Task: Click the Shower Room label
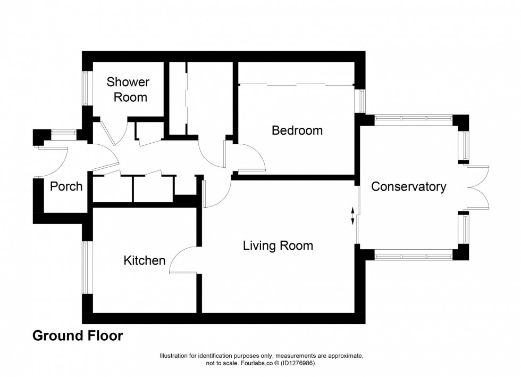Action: [x=128, y=89]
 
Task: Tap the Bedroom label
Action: [x=297, y=130]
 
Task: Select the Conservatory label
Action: [x=408, y=187]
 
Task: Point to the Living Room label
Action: [x=278, y=245]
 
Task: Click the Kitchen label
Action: [x=144, y=260]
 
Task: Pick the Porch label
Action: [x=66, y=186]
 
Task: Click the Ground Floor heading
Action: [x=78, y=336]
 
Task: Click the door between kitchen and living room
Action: [x=183, y=261]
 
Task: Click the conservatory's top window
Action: [x=414, y=118]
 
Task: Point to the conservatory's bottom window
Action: [x=414, y=256]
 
